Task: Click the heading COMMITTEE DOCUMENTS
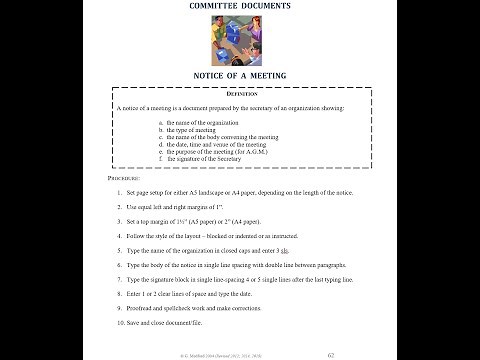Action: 239,7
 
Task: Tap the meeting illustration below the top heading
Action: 239,41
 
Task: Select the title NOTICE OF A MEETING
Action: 239,75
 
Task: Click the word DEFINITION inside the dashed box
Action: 239,93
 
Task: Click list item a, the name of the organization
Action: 204,120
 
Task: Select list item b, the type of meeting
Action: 196,128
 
